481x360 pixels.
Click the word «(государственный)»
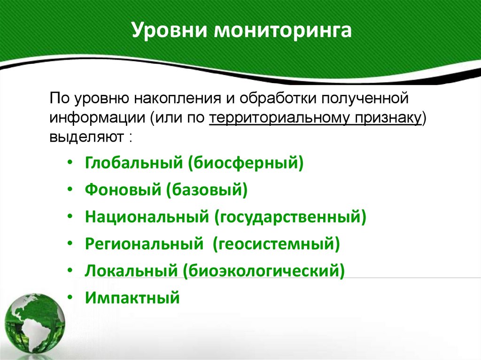[x=290, y=217]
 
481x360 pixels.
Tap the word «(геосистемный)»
[x=276, y=244]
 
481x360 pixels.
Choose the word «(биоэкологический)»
[x=265, y=271]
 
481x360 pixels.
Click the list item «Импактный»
[x=132, y=298]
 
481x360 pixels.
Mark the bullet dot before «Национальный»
[x=70, y=217]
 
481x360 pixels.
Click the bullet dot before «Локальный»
[x=70, y=271]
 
